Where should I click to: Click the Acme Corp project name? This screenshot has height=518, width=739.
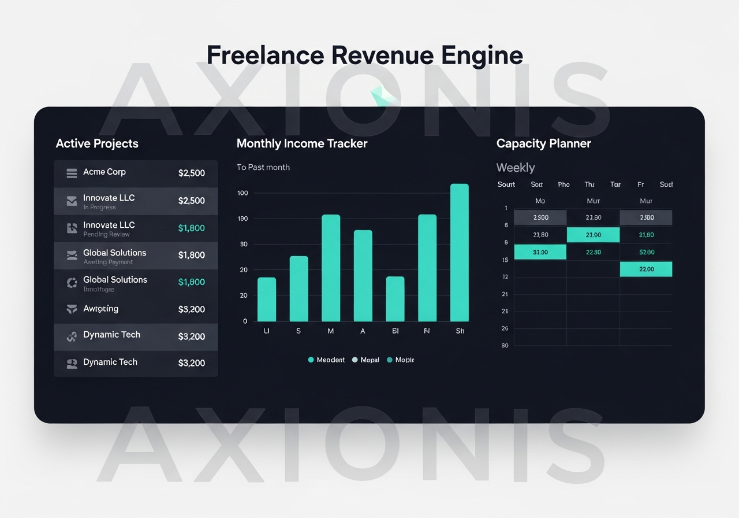pos(104,172)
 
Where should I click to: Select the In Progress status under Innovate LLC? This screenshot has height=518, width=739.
pos(99,208)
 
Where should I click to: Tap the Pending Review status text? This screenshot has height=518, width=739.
pos(106,235)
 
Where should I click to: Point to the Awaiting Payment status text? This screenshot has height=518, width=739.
pos(108,262)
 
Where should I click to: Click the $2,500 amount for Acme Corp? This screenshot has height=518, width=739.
pos(191,173)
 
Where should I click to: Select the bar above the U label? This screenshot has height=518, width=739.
pos(267,299)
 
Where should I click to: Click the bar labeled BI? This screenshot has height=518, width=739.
pos(395,298)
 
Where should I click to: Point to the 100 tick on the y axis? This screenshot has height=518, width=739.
pos(242,193)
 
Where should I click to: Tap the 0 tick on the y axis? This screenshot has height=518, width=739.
pos(245,321)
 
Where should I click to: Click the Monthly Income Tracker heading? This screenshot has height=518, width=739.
pos(302,143)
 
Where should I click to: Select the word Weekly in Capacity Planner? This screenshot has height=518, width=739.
pos(516,168)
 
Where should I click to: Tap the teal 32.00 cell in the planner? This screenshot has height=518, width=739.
pos(540,252)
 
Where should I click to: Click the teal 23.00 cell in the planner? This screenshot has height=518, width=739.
pos(593,235)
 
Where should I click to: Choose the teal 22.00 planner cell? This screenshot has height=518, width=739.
pos(646,269)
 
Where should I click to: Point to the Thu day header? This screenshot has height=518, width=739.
pos(589,184)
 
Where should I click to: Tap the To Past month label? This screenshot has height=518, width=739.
pos(263,167)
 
